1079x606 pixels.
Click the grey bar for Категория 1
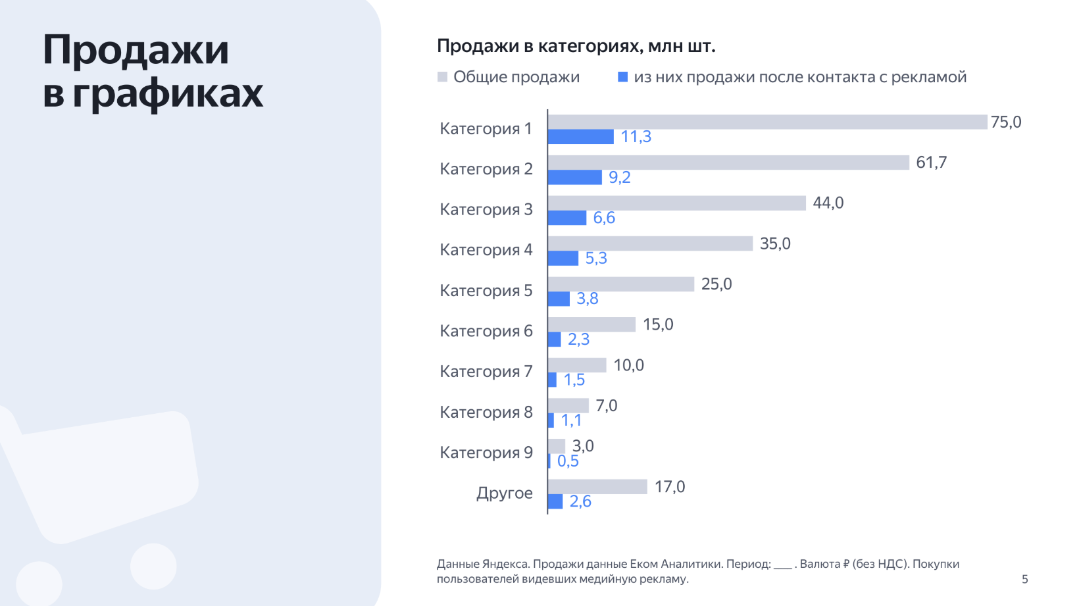(767, 122)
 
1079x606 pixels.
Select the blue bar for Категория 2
(574, 177)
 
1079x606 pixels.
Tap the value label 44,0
(828, 203)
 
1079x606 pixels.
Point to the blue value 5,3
(596, 258)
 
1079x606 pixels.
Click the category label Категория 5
(486, 290)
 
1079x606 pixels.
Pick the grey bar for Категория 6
(591, 324)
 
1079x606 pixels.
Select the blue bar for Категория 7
(552, 380)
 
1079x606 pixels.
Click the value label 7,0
(606, 405)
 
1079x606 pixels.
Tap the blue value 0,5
(568, 461)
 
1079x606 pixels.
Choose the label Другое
(504, 493)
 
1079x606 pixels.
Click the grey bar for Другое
(597, 486)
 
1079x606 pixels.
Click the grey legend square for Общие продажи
(443, 77)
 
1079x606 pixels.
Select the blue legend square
(622, 77)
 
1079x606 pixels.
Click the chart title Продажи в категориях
(576, 46)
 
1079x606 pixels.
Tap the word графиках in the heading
(168, 93)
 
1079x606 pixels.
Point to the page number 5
(1024, 579)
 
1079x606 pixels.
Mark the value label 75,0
(1005, 122)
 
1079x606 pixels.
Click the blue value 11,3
(636, 136)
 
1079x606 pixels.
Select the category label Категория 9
(486, 452)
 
